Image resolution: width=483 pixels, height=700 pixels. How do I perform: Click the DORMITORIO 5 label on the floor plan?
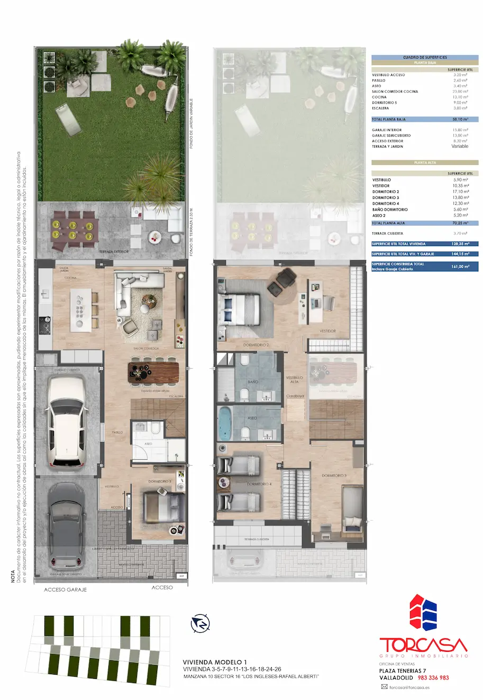pyautogui.click(x=160, y=481)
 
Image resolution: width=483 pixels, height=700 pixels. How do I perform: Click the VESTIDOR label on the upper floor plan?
pyautogui.click(x=327, y=331)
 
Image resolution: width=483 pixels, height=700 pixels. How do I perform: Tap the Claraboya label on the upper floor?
pyautogui.click(x=295, y=396)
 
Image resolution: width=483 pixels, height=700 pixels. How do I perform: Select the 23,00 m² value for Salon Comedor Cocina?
pyautogui.click(x=460, y=92)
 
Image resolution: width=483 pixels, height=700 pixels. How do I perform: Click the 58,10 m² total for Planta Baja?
pyautogui.click(x=460, y=120)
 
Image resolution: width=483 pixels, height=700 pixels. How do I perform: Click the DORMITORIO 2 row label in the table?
pyautogui.click(x=386, y=192)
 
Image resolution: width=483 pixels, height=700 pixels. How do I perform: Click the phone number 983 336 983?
pyautogui.click(x=433, y=678)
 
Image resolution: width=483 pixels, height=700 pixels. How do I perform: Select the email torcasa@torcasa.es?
pyautogui.click(x=409, y=688)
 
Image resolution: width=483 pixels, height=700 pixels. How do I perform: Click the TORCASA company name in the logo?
pyautogui.click(x=423, y=645)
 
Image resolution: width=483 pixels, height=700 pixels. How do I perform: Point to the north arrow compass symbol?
pyautogui.click(x=201, y=623)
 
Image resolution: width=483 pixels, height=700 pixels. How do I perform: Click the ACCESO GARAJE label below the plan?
pyautogui.click(x=65, y=589)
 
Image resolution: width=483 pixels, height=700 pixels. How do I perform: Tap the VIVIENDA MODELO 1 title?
pyautogui.click(x=215, y=662)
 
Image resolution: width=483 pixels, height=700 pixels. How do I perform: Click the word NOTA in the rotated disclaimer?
pyautogui.click(x=13, y=576)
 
